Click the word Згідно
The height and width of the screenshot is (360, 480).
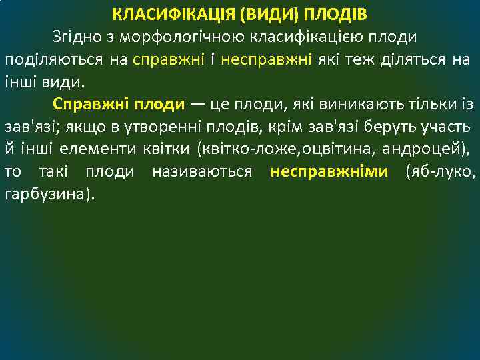click(73, 37)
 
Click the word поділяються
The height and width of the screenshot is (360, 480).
click(54, 60)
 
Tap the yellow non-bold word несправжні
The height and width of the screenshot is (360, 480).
click(267, 60)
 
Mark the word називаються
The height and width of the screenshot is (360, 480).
click(203, 173)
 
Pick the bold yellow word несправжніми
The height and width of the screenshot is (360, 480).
click(329, 173)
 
